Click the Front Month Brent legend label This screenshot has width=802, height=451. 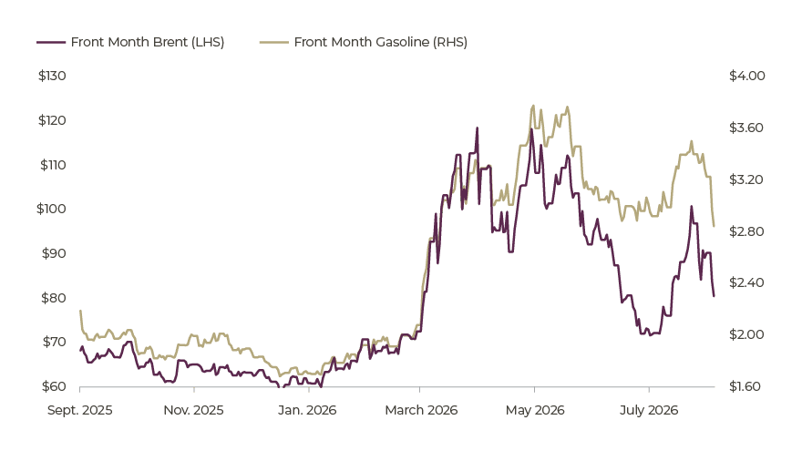pos(148,42)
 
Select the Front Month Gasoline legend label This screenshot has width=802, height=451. pos(381,42)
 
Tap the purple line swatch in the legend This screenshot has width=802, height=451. pos(51,43)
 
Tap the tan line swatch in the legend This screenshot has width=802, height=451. pos(274,43)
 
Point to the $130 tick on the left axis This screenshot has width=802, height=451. pos(52,76)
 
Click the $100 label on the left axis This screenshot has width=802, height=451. pos(51,209)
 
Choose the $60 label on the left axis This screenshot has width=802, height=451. pos(54,386)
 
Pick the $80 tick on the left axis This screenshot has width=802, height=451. pos(54,298)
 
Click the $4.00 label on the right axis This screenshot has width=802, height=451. pos(747,76)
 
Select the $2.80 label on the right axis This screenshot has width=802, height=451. pos(746,231)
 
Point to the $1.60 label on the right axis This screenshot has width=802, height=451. pos(745,386)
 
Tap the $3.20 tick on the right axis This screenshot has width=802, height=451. pos(746,179)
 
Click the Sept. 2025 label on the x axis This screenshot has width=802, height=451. pos(80,410)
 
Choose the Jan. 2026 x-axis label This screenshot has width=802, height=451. pos(307,410)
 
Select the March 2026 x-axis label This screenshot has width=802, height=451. pos(421,410)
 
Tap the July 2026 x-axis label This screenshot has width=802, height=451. pos(649,410)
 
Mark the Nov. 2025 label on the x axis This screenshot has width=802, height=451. pos(193,410)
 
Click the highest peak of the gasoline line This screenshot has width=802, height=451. pos(533,106)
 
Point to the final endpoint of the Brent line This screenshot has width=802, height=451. pos(714,295)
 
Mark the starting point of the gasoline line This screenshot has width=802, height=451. pos(80,311)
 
